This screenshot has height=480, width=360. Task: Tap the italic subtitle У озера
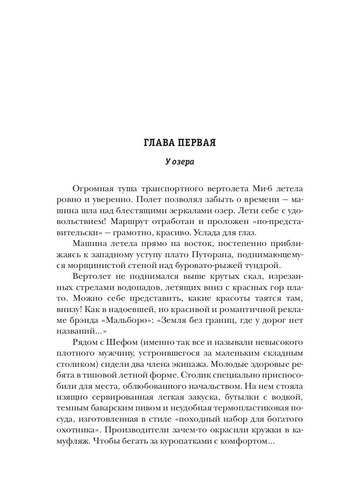coord(180,162)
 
